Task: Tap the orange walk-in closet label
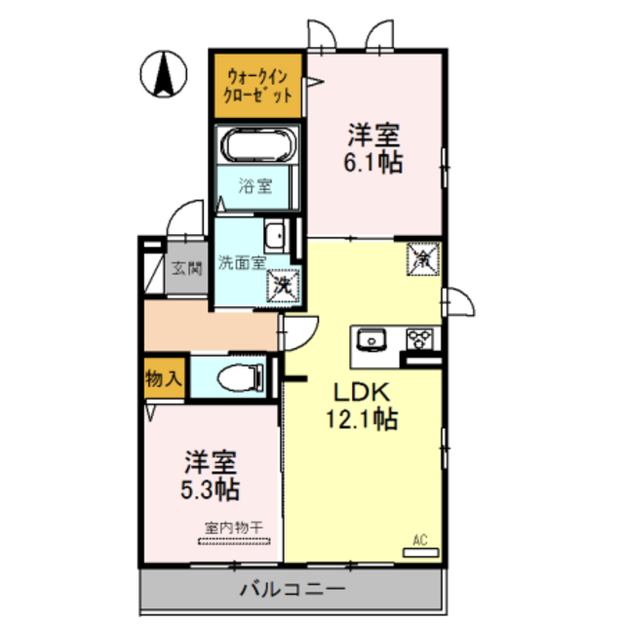click(259, 85)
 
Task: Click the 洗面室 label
click(241, 261)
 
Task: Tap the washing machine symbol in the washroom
click(283, 286)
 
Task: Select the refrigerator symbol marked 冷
click(423, 259)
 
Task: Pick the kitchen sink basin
click(371, 339)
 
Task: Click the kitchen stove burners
click(422, 338)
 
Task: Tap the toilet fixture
click(239, 375)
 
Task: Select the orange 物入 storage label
click(163, 377)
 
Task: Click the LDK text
click(362, 392)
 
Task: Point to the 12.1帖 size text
click(361, 420)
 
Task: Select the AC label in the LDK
click(420, 539)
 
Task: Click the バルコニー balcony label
click(291, 589)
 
